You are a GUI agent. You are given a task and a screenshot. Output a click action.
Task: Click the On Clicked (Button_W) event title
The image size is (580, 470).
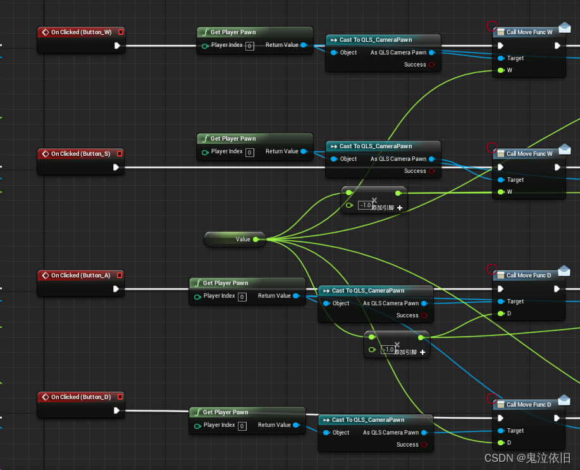click(x=81, y=32)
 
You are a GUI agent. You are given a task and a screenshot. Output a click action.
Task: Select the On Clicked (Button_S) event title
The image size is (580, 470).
click(x=80, y=153)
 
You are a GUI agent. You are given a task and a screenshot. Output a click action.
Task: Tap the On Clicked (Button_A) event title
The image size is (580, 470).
click(x=80, y=276)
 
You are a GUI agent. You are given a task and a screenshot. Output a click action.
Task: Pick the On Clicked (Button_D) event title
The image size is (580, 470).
click(x=80, y=397)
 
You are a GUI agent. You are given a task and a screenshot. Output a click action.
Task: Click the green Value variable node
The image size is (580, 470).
click(x=235, y=239)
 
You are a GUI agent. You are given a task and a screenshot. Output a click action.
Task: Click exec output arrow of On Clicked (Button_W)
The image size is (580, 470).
click(x=117, y=46)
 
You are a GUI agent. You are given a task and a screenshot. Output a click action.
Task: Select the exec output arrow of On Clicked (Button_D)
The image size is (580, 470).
click(x=117, y=410)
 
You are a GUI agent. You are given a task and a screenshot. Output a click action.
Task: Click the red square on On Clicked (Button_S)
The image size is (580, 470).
click(x=120, y=153)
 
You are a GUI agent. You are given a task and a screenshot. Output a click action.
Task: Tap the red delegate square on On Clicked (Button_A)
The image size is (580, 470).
click(x=120, y=276)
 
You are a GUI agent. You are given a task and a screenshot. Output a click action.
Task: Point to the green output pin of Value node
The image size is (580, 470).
click(x=256, y=239)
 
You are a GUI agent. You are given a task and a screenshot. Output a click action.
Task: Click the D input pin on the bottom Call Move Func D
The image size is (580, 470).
click(x=501, y=443)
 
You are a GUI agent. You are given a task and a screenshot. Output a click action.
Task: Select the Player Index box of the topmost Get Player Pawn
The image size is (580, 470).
click(x=250, y=46)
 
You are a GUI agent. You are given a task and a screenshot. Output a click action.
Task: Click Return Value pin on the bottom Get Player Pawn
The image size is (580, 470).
click(x=296, y=425)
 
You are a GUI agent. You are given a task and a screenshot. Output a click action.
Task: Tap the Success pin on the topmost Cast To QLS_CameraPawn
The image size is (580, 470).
click(x=432, y=65)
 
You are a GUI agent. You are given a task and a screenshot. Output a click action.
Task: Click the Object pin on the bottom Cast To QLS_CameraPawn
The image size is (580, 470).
click(x=326, y=433)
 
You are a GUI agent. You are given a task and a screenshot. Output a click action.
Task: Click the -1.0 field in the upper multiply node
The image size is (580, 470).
click(x=365, y=205)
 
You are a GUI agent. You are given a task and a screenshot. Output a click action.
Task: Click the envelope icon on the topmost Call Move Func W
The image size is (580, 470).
click(x=565, y=28)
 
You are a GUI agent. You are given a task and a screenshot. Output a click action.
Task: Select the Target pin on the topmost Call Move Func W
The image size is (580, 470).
click(x=501, y=58)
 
